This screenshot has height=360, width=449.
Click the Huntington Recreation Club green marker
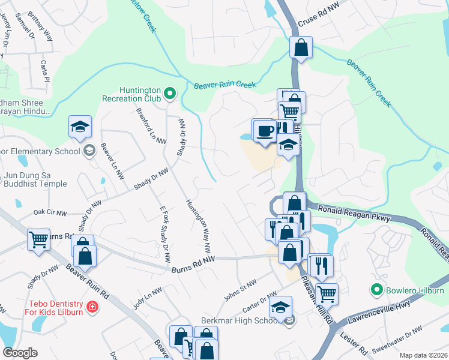[x=169, y=93]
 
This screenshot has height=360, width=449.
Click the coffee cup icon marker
[x=265, y=130]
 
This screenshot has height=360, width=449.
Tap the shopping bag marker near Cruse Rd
[x=301, y=46]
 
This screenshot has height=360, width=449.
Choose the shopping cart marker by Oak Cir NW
[x=38, y=239]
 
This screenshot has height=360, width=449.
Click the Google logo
[x=20, y=353]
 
